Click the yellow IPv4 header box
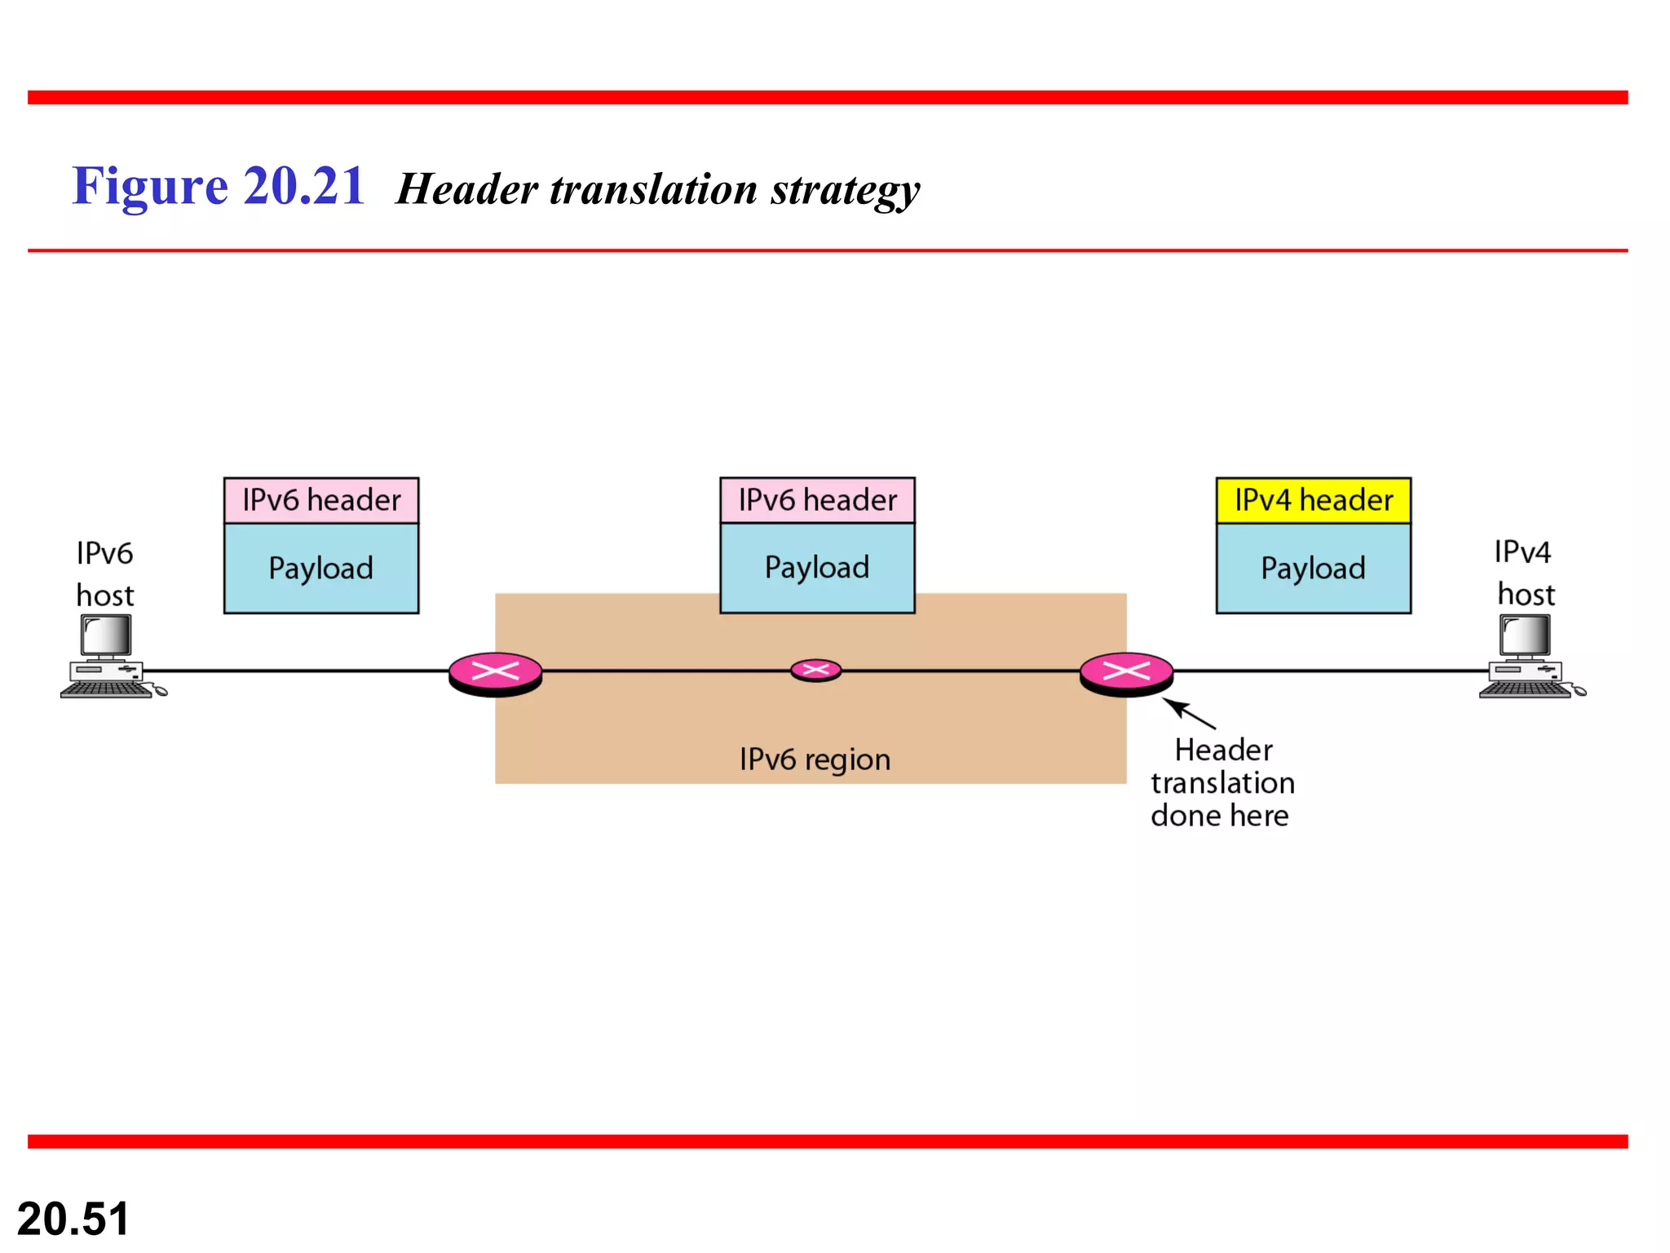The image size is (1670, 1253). pos(1313,500)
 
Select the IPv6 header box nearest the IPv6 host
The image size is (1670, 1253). pos(321,500)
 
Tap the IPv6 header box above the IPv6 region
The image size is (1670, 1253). pos(817,500)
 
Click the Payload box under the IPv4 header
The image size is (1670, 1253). pos(1313,568)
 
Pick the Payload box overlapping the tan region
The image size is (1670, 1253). pos(817,568)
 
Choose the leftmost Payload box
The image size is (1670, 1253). pos(321,568)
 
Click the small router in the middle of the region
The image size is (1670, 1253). pos(815,671)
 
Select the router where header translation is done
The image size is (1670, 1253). pos(1126,674)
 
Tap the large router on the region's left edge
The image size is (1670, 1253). pos(495,674)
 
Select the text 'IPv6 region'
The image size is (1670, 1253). pos(815,759)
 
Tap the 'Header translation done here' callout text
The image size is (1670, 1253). pos(1222,782)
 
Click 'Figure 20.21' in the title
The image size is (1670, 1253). pos(218,186)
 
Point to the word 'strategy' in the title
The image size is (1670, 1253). pos(845,189)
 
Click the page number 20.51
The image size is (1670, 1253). pos(73,1219)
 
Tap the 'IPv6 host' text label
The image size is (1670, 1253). pos(104,573)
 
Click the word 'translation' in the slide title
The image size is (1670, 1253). pos(653,189)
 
